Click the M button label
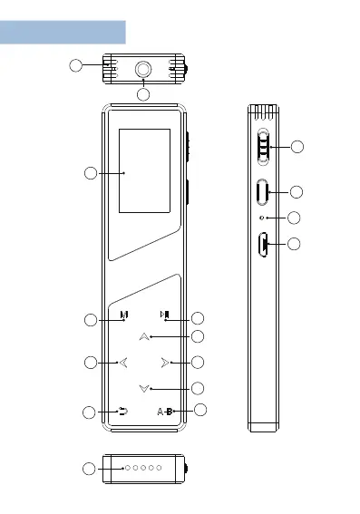124,315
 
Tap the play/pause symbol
165,315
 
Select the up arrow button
144,336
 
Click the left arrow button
123,363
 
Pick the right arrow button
165,363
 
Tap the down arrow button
144,389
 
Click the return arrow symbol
123,411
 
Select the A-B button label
165,411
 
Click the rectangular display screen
144,170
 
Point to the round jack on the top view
143,69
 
